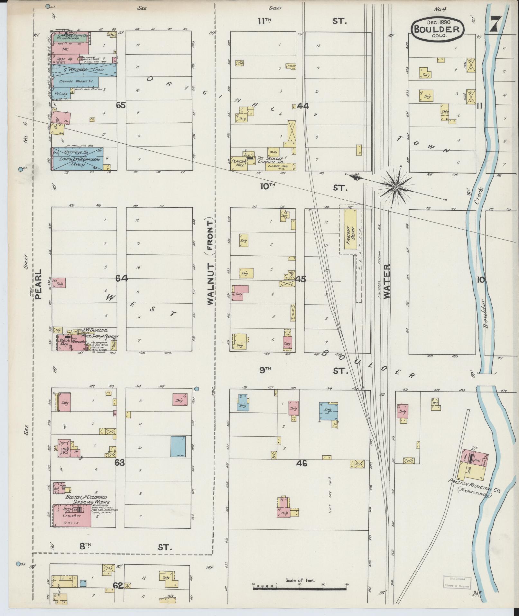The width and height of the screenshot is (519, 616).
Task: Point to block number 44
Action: [x=303, y=105]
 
